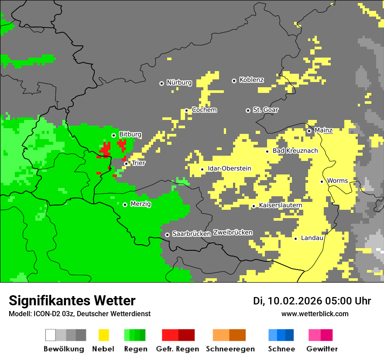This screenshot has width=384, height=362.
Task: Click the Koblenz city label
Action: click(x=251, y=80)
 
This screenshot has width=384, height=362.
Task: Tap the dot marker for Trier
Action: click(x=126, y=164)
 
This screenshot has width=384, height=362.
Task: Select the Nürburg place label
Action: click(x=179, y=82)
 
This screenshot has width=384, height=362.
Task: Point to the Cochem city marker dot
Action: click(x=186, y=110)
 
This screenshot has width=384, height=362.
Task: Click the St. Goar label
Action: click(x=265, y=110)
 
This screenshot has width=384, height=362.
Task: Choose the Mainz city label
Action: click(x=323, y=130)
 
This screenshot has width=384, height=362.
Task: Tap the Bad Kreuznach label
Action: click(x=295, y=150)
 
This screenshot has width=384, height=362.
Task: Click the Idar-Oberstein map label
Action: click(x=229, y=168)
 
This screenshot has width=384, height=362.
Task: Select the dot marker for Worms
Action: click(x=322, y=181)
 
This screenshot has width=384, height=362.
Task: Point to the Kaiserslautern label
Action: click(x=281, y=205)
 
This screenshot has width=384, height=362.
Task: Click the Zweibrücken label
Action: click(x=233, y=232)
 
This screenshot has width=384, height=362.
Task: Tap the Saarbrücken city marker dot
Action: click(x=167, y=235)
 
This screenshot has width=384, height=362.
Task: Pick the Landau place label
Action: click(x=312, y=238)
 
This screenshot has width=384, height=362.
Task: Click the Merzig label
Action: click(x=141, y=204)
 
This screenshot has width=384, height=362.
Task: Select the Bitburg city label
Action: click(x=130, y=134)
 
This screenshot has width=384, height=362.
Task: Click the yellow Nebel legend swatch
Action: click(x=104, y=335)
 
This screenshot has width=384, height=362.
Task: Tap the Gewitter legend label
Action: click(x=322, y=349)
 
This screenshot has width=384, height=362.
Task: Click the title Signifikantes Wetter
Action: click(x=72, y=301)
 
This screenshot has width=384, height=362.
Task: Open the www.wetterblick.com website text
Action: click(x=315, y=314)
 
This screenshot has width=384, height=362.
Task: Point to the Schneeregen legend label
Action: click(x=230, y=349)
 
